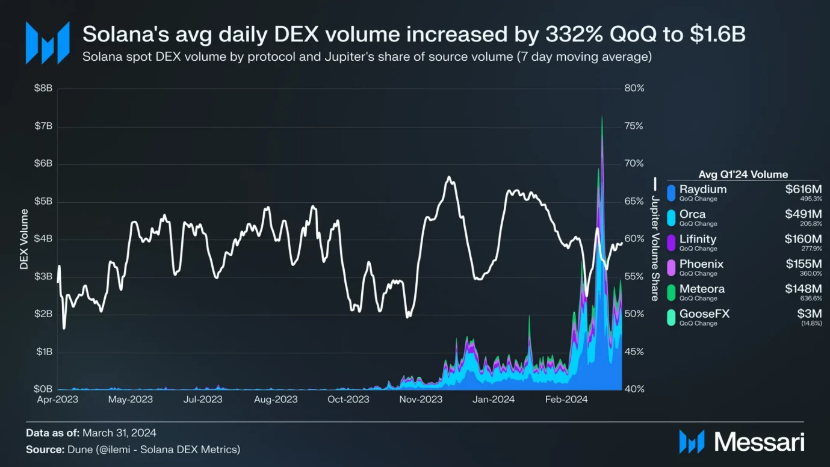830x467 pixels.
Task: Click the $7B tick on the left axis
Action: [x=42, y=126]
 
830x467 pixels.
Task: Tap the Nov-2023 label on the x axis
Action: [x=421, y=399]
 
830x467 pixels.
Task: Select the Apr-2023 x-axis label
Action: [x=58, y=399]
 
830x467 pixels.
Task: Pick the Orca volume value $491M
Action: [x=803, y=214]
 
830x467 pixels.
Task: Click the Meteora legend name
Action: [x=702, y=289]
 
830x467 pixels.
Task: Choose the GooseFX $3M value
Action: [x=810, y=314]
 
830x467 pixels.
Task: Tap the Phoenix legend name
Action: [x=701, y=264]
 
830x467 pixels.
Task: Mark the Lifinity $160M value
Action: [x=803, y=239]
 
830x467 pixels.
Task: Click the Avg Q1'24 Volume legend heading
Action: [x=743, y=175]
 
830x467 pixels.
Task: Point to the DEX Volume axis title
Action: [x=25, y=239]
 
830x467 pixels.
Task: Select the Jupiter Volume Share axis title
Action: [x=655, y=247]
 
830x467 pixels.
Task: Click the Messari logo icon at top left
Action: [x=47, y=43]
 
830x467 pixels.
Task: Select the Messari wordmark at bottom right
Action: [x=759, y=442]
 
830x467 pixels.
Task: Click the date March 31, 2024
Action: [x=119, y=433]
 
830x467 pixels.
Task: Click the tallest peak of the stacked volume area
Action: [x=602, y=117]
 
